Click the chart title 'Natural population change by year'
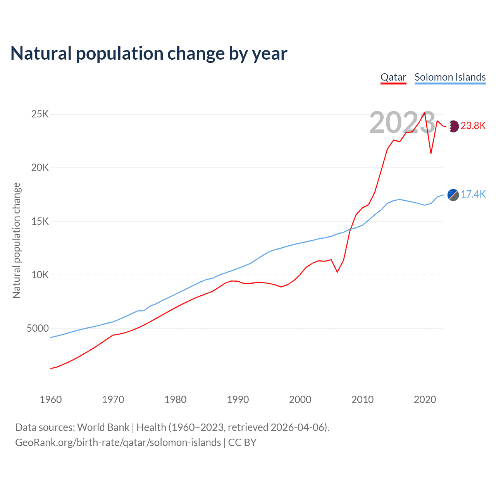[x=149, y=53]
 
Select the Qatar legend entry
[x=393, y=77]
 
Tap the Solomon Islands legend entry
[x=450, y=77]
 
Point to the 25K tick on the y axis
[x=40, y=114]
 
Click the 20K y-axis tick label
[x=40, y=168]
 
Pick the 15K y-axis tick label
[x=40, y=221]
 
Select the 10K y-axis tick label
[x=40, y=275]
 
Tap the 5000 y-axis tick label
[x=38, y=328]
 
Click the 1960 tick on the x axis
[x=51, y=400]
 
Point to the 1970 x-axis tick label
[x=113, y=400]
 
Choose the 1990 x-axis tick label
[x=238, y=400]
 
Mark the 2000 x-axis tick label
[x=300, y=400]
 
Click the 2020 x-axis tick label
[x=425, y=400]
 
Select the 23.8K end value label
[x=473, y=126]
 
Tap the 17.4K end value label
[x=473, y=195]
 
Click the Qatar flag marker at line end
[x=453, y=126]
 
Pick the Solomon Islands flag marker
[x=453, y=195]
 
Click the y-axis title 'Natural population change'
[x=17, y=240]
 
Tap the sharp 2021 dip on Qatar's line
[x=431, y=153]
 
